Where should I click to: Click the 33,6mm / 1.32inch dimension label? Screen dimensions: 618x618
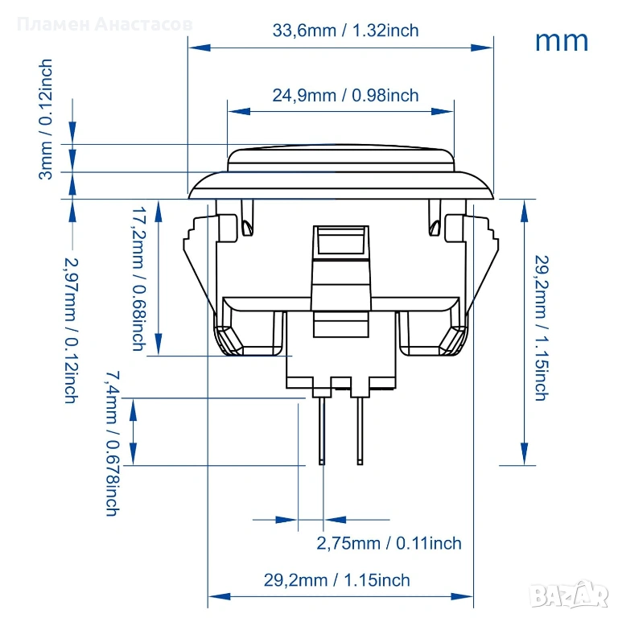[345, 31]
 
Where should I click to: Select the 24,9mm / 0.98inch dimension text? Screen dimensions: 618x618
[345, 95]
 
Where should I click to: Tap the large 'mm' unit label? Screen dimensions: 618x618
[561, 40]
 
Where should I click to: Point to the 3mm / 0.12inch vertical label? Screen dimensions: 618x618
[47, 118]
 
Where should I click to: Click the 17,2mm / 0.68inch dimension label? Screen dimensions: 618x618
[138, 278]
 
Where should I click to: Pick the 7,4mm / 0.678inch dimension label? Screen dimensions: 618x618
[113, 443]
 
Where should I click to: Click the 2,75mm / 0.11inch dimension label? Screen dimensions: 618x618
[389, 543]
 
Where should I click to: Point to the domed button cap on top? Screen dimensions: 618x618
[341, 158]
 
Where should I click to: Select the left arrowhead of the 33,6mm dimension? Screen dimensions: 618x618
[197, 47]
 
